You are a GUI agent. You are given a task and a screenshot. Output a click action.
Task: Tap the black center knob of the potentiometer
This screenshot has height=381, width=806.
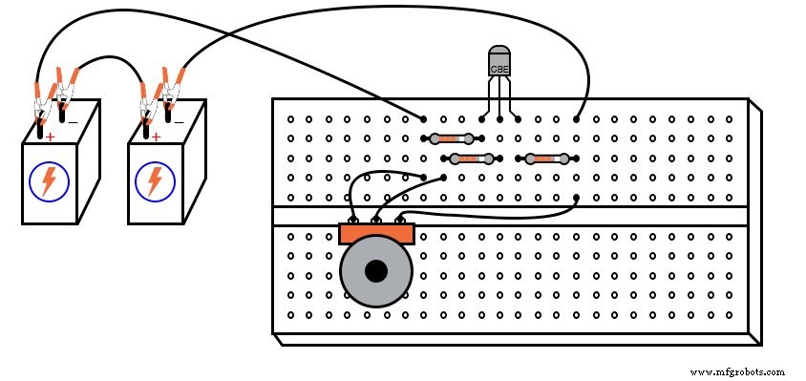[x=376, y=271]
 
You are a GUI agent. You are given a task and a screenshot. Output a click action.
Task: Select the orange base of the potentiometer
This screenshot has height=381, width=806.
[x=376, y=233]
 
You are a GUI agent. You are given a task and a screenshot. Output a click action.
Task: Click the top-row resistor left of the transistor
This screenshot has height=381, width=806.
[x=446, y=139]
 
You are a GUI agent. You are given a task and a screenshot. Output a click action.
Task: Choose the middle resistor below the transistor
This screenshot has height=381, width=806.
[x=471, y=159]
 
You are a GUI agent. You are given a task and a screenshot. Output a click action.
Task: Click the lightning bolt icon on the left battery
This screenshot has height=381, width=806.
[x=48, y=181]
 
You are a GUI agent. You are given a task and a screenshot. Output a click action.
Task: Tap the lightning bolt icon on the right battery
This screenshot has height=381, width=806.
[x=154, y=181]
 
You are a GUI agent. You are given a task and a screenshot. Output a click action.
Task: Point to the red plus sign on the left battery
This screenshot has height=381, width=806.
[x=50, y=138]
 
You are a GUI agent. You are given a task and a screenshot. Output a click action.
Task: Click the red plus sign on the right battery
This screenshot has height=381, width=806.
[x=156, y=138]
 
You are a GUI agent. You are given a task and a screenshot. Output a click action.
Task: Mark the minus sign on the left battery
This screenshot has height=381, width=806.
[x=73, y=121]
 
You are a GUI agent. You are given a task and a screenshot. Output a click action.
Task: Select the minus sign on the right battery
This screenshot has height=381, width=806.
[x=179, y=121]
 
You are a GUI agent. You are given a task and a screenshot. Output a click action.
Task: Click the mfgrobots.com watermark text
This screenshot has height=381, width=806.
[x=736, y=371]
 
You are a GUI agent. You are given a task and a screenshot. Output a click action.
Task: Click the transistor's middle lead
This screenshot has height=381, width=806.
[x=499, y=100]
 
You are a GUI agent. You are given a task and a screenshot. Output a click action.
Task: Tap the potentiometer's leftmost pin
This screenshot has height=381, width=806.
[x=354, y=220]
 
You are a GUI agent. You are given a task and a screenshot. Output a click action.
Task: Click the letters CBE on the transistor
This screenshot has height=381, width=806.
[x=499, y=70]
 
